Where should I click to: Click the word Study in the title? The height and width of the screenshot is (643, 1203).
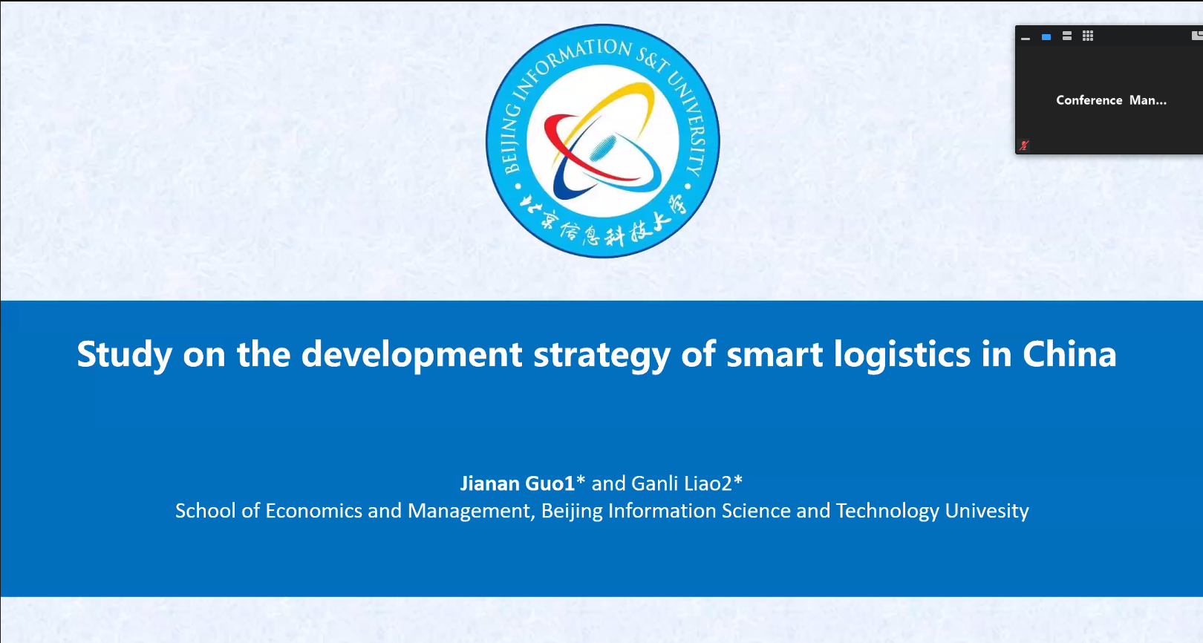pos(125,354)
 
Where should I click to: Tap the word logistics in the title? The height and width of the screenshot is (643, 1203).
pos(902,354)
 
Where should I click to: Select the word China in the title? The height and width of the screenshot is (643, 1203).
pos(1069,353)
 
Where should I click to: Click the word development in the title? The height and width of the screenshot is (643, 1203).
pos(411,354)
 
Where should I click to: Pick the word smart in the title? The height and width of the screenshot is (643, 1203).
pos(775,354)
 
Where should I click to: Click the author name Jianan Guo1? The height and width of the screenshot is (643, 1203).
pos(518,483)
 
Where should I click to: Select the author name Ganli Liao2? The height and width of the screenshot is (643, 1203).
pos(682,483)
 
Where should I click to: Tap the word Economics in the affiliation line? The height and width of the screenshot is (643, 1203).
pos(313,510)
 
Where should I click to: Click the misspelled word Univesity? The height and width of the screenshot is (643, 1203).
pos(987,511)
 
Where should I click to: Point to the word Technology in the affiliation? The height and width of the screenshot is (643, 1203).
pos(887,511)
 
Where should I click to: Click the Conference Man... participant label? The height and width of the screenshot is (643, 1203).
pos(1111,100)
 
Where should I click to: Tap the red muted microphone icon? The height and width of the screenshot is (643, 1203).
pos(1024,145)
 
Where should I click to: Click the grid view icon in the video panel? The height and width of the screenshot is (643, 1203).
pos(1088,36)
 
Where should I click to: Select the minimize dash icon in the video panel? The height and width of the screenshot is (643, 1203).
pos(1026,38)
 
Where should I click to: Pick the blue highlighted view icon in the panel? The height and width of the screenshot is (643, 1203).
pos(1046,37)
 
